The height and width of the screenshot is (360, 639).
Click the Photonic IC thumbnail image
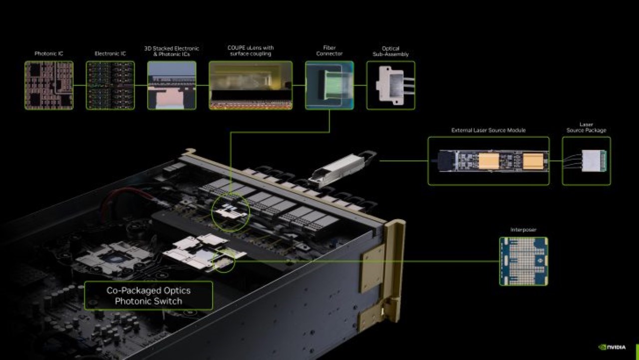pos(49,85)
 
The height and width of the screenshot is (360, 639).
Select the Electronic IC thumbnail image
pos(110,85)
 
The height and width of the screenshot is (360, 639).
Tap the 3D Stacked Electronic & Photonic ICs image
pos(172,85)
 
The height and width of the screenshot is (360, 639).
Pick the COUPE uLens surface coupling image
pos(251,85)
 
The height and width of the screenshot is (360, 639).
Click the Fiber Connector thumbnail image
pos(329,85)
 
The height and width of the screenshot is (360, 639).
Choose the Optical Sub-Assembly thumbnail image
pos(390,85)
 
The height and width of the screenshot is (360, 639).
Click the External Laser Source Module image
pos(488,161)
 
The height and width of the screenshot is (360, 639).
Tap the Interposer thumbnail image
pos(523,261)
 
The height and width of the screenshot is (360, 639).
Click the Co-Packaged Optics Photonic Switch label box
pos(148,296)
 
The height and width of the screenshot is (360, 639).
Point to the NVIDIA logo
pos(612,347)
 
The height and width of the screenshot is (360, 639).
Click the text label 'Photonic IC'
pos(49,53)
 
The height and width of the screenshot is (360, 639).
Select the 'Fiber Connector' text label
pos(329,51)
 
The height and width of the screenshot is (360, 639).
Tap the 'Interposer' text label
pos(523,230)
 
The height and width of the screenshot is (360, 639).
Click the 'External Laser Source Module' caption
pos(488,130)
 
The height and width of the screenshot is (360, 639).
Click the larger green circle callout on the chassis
pos(231,214)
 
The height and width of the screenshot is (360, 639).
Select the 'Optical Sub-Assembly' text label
pos(390,51)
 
